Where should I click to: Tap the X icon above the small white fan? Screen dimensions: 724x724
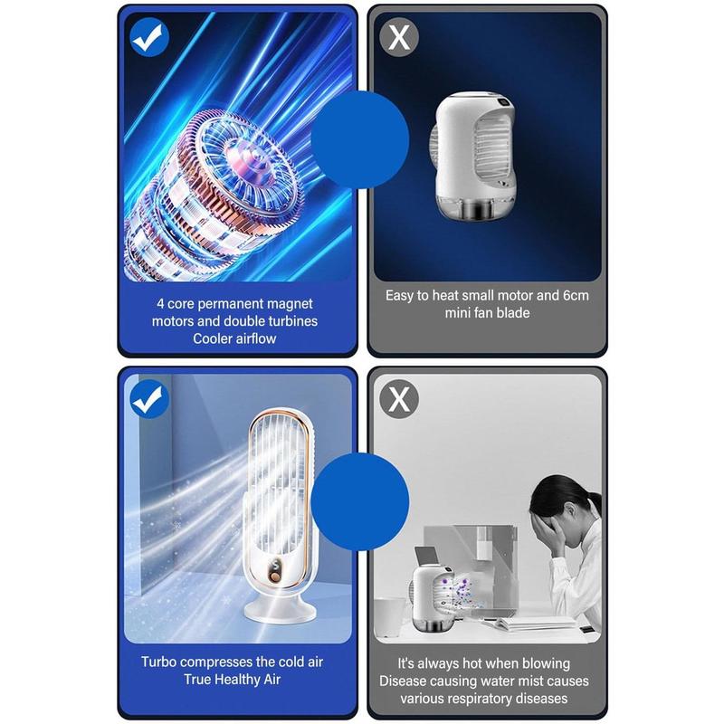point(399,37)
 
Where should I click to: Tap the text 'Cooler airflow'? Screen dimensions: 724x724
point(234,338)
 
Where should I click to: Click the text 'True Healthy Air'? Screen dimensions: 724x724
point(234,679)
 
